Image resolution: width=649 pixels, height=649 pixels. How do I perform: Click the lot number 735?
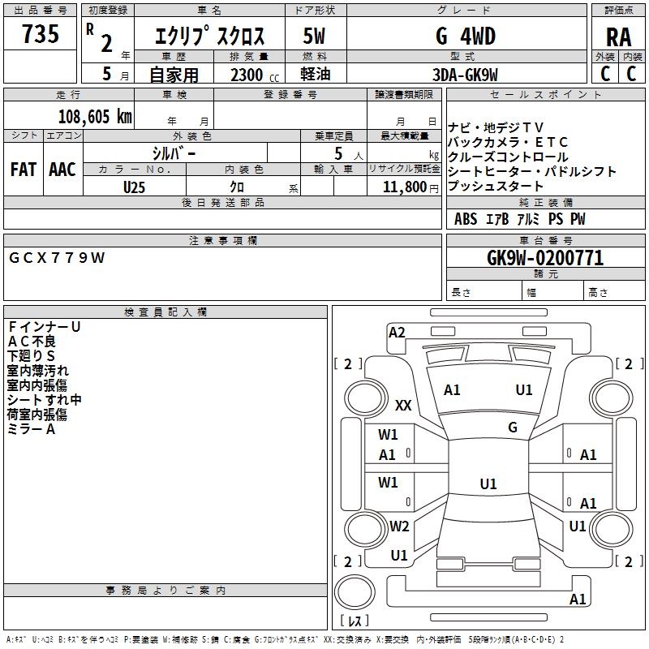41,34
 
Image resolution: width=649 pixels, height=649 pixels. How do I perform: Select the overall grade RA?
618,37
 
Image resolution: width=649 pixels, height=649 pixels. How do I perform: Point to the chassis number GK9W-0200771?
545,258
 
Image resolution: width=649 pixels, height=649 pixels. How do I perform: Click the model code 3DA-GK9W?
466,75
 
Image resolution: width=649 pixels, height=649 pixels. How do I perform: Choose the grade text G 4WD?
466,37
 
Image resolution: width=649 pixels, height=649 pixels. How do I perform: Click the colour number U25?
135,187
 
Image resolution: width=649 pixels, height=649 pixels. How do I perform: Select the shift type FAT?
23,170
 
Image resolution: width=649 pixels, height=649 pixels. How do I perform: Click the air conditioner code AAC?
62,170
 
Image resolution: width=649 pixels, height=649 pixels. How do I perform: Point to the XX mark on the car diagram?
403,405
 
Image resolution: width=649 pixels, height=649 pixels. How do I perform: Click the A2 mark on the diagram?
397,332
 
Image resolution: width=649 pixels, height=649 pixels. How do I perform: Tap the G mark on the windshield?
513,427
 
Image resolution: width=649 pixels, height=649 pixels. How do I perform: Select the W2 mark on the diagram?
399,526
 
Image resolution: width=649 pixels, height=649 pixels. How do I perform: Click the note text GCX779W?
57,257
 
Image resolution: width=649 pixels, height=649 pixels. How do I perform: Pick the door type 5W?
315,37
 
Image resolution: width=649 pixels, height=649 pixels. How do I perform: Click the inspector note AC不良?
32,341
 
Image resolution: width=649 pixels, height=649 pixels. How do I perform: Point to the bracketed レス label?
355,621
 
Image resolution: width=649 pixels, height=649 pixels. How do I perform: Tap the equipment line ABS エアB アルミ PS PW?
519,219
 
